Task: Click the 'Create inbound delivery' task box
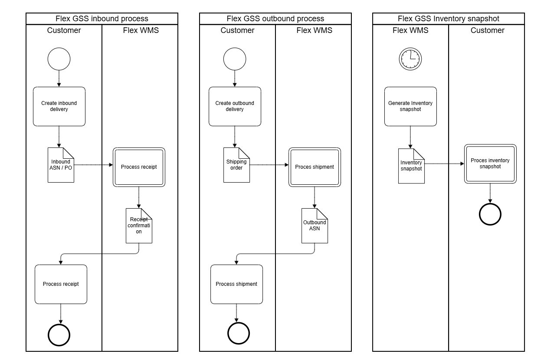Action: [x=59, y=106]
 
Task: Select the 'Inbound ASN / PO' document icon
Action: [x=60, y=165]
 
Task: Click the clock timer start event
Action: [x=410, y=59]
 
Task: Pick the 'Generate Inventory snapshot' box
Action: [x=410, y=106]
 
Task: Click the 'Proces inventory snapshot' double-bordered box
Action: [x=490, y=164]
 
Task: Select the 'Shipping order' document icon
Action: [x=236, y=165]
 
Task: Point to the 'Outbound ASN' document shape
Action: [x=315, y=226]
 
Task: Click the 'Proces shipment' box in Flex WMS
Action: [x=315, y=167]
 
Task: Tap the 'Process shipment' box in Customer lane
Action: [x=236, y=284]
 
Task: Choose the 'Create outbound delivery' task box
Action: [x=235, y=106]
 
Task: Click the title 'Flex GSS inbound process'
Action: [x=102, y=19]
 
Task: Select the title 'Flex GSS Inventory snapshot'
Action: [x=449, y=19]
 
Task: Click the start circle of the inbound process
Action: [x=59, y=59]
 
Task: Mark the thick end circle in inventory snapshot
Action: [x=490, y=214]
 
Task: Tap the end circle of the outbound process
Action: [x=238, y=333]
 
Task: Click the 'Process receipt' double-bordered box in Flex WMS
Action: [x=139, y=167]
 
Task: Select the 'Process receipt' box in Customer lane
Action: [x=61, y=284]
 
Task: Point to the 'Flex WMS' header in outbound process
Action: [x=314, y=30]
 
